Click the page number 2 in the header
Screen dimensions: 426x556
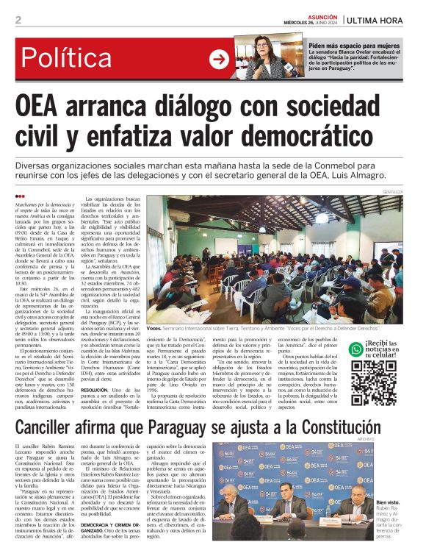pos(18,20)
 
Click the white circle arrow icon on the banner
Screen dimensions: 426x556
pos(220,60)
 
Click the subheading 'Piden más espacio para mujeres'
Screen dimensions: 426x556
pos(355,46)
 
